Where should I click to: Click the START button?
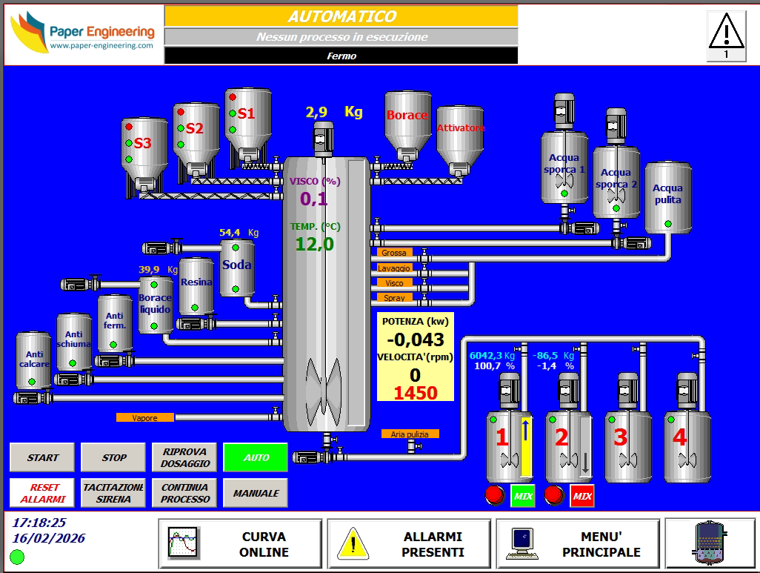point(43,457)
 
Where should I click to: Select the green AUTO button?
point(256,457)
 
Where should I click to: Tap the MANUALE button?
point(256,493)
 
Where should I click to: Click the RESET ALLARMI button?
point(43,493)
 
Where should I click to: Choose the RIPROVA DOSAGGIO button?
point(185,457)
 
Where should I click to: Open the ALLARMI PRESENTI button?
point(409,544)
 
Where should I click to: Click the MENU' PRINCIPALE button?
point(577,544)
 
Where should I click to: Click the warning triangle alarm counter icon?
point(726,35)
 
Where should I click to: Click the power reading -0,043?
point(416,340)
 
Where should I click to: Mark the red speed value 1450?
point(415,393)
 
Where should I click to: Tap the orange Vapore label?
point(145,418)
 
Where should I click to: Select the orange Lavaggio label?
point(394,268)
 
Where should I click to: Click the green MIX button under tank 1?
point(523,496)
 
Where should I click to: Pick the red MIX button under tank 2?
point(582,496)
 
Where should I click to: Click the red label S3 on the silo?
point(142,143)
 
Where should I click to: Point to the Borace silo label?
point(407,115)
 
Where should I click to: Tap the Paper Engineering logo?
point(83,33)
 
